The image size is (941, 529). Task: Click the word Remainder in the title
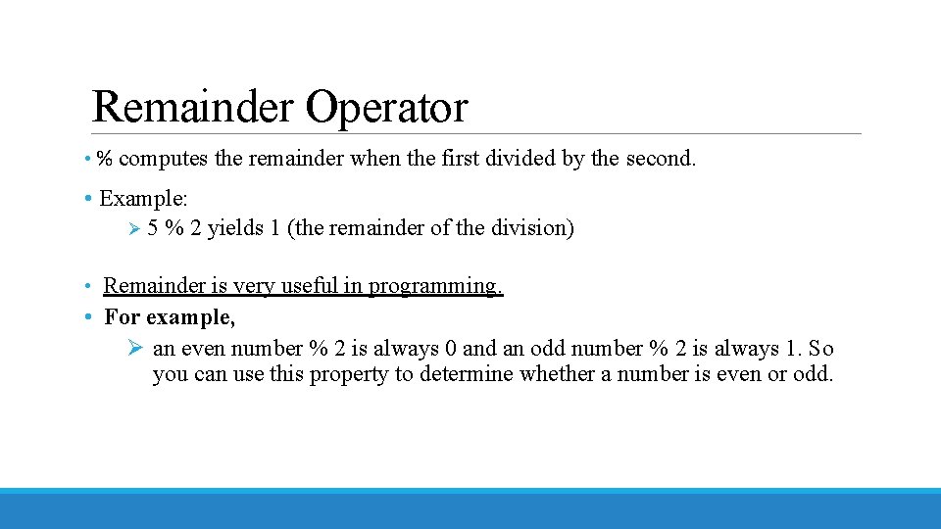tap(192, 108)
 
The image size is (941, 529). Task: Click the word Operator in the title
tap(386, 108)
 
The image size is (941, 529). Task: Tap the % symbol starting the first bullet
tap(104, 159)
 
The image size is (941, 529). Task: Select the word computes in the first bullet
tap(164, 159)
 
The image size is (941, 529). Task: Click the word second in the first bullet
tap(658, 159)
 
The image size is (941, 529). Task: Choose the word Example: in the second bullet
tap(143, 198)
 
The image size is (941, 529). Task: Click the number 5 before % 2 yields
tap(153, 228)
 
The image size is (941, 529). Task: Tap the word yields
tap(235, 228)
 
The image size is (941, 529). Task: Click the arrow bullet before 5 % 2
tap(135, 228)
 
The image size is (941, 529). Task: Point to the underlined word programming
tap(435, 286)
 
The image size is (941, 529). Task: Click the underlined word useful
tap(309, 286)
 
